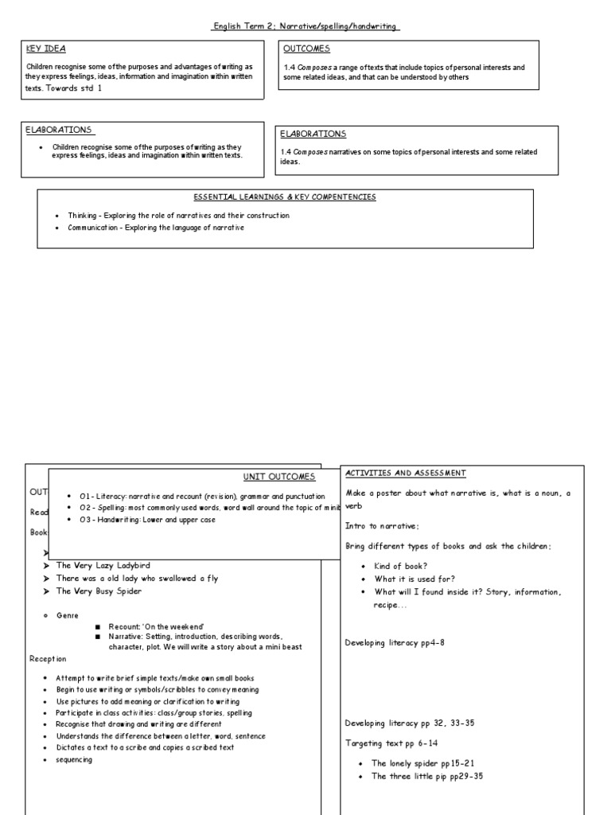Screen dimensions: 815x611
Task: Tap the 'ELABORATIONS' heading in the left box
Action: point(59,130)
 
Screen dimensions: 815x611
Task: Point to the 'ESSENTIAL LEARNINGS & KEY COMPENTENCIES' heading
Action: point(285,197)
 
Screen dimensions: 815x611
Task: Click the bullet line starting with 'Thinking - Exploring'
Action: point(172,216)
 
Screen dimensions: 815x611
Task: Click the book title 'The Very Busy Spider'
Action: point(99,592)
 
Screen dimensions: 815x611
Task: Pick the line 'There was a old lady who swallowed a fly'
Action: point(136,579)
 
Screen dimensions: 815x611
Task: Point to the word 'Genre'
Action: point(67,615)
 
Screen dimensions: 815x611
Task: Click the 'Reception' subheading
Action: point(48,659)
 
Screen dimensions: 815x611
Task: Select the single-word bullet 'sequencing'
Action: point(73,759)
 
